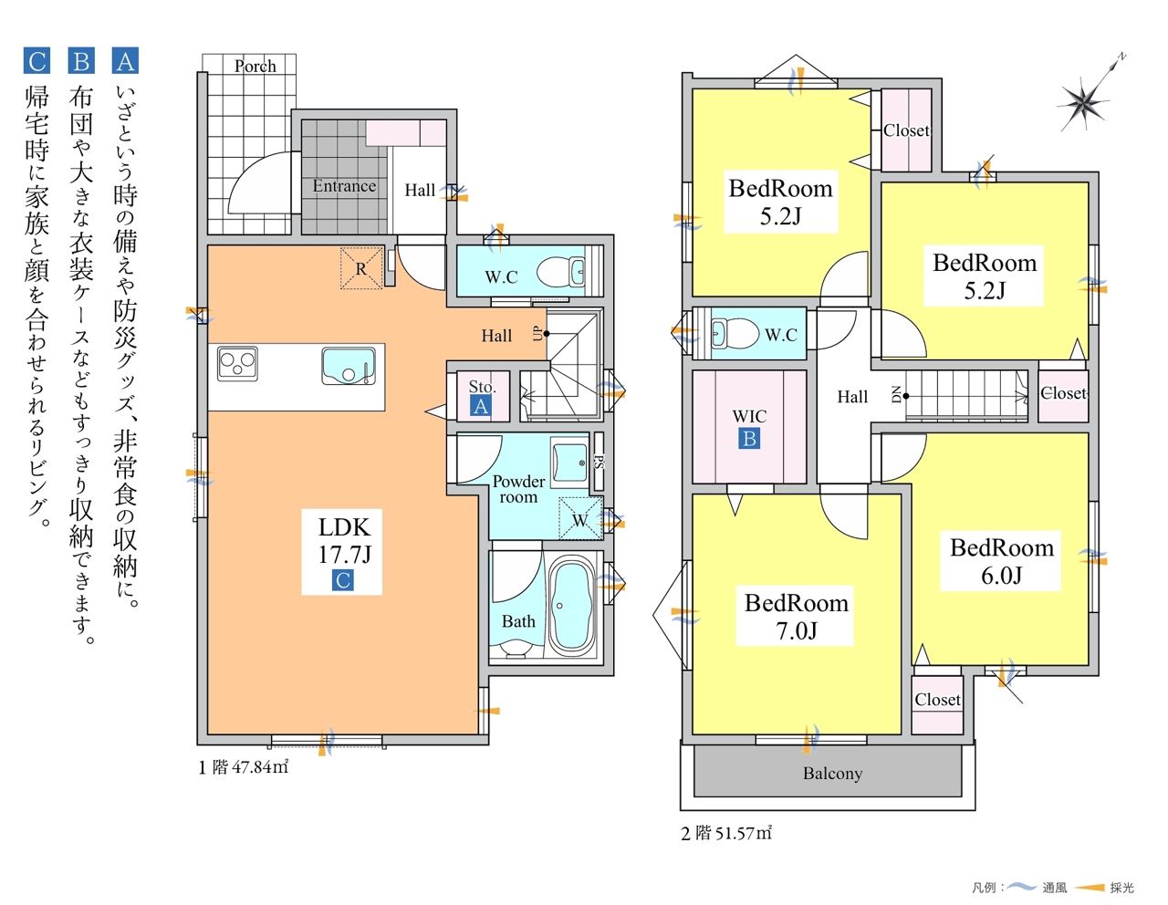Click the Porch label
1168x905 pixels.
pyautogui.click(x=255, y=66)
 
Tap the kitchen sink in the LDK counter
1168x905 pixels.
pyautogui.click(x=349, y=366)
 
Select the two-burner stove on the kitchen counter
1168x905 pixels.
pyautogui.click(x=237, y=363)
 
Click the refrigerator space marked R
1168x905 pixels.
pyautogui.click(x=361, y=268)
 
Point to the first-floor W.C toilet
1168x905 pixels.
pyautogui.click(x=561, y=271)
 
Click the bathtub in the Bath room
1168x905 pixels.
pyautogui.click(x=571, y=605)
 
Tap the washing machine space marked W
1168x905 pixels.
pyautogui.click(x=580, y=518)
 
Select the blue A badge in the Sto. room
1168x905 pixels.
pyautogui.click(x=481, y=406)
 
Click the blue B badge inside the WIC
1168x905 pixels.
pyautogui.click(x=749, y=439)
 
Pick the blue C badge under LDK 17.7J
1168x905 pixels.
pyautogui.click(x=343, y=580)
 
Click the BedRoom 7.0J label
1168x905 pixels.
pyautogui.click(x=796, y=617)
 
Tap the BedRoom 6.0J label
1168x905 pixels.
pyautogui.click(x=1002, y=561)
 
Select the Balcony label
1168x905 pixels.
pyautogui.click(x=832, y=773)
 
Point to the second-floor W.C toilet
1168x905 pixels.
pyautogui.click(x=735, y=333)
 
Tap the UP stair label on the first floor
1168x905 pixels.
pyautogui.click(x=537, y=334)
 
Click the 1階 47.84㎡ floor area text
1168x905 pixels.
pyautogui.click(x=244, y=767)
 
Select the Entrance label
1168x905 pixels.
pyautogui.click(x=344, y=186)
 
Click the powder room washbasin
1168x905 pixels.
pyautogui.click(x=569, y=462)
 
